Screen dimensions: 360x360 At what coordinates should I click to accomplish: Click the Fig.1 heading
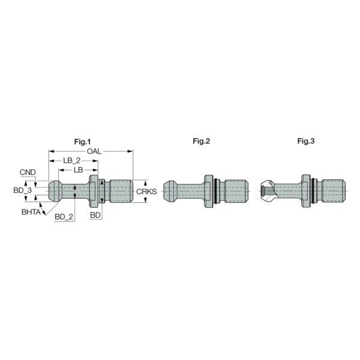tap(81, 141)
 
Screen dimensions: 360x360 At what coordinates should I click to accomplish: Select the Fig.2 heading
tap(202, 141)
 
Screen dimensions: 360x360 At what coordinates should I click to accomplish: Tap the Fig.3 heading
tap(306, 141)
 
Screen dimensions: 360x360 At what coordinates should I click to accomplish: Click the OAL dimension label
tap(94, 151)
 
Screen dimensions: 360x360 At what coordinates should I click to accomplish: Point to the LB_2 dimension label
tap(72, 161)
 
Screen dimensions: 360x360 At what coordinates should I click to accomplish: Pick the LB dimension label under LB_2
tap(78, 170)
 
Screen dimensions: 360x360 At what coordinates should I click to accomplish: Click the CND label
tap(28, 172)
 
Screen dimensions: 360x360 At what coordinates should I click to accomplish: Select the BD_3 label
tap(22, 190)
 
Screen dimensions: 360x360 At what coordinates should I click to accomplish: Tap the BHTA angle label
tap(31, 212)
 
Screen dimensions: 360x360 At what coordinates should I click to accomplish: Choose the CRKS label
tap(146, 191)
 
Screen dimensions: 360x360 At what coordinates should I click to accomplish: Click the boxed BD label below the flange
tap(95, 214)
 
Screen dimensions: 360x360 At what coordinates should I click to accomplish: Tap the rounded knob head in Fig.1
tap(55, 191)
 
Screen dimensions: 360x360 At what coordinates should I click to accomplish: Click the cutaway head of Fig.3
tap(268, 191)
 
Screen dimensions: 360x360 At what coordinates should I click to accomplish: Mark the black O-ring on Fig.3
tap(314, 191)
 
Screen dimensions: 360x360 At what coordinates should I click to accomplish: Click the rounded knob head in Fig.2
tap(172, 191)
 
